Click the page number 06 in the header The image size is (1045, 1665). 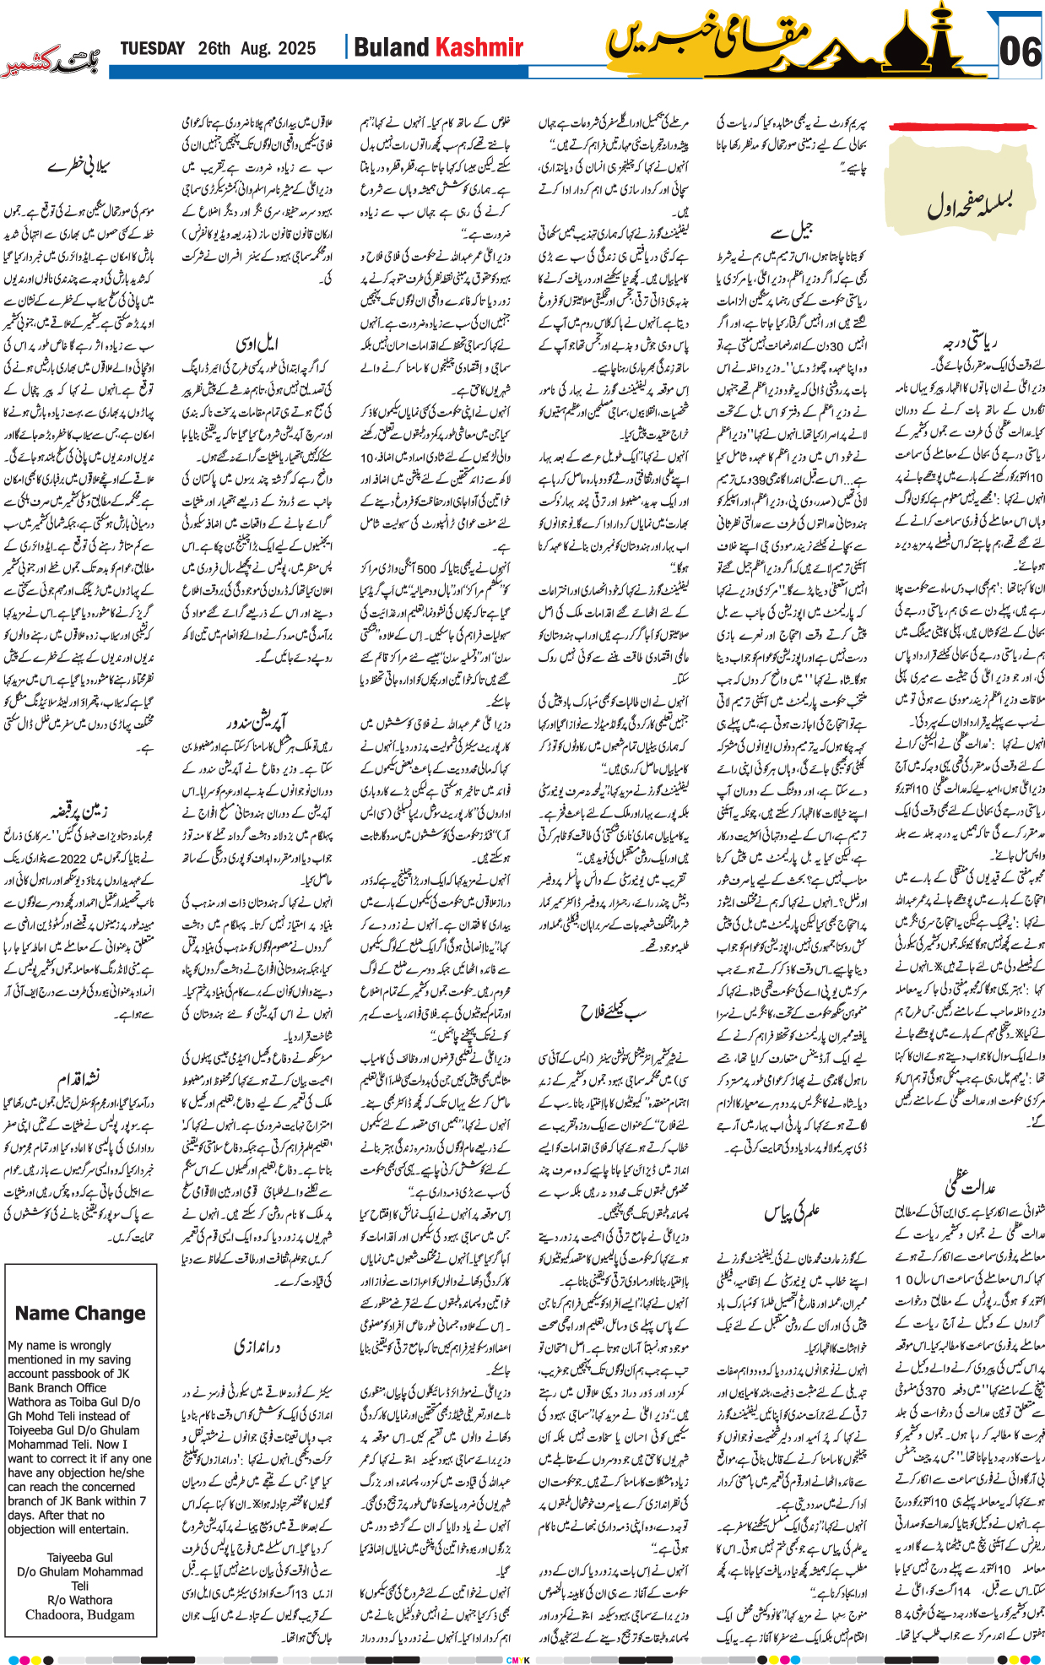pyautogui.click(x=1019, y=51)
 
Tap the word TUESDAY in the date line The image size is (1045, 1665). pyautogui.click(x=152, y=48)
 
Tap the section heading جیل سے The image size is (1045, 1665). pyautogui.click(x=791, y=229)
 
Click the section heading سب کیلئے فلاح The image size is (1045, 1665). pyautogui.click(x=613, y=1011)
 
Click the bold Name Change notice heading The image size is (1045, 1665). pyautogui.click(x=80, y=1313)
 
